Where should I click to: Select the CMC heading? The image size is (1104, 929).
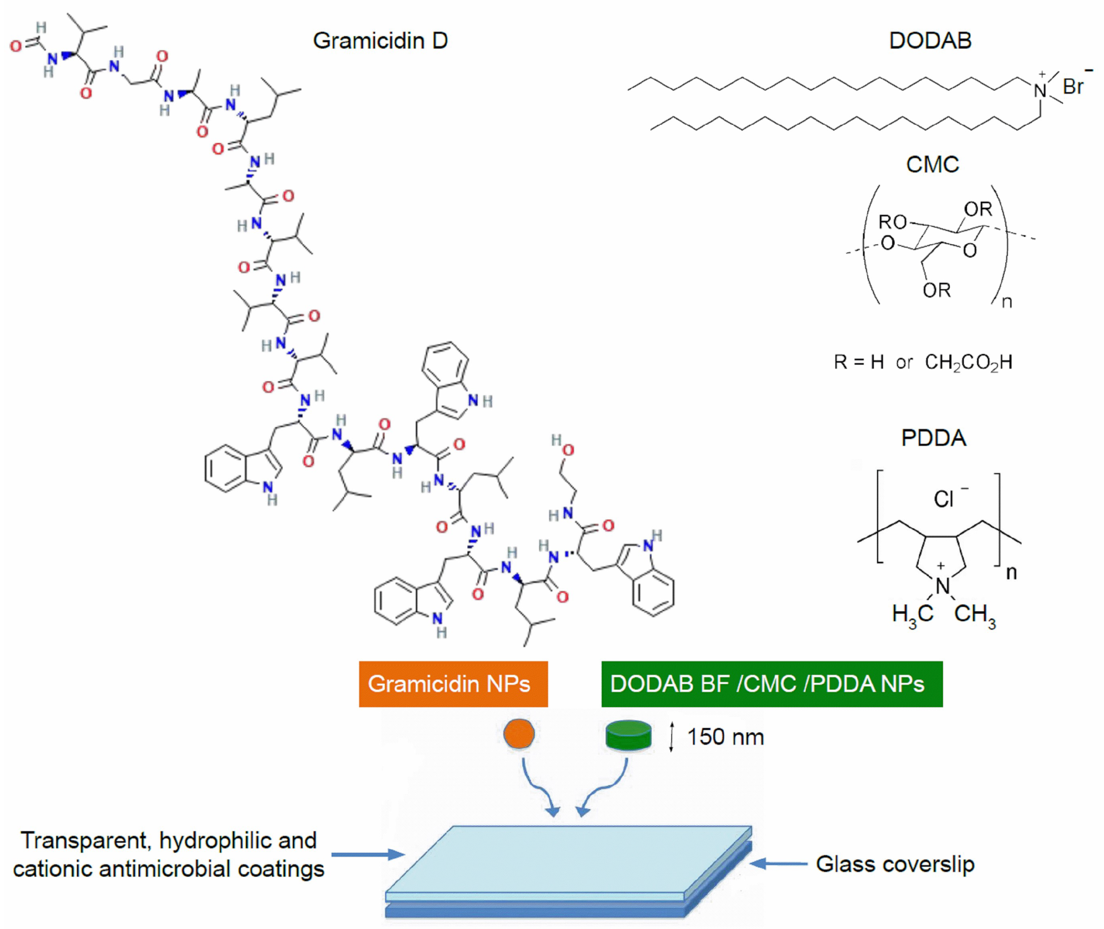(x=932, y=165)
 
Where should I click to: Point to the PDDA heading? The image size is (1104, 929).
(x=933, y=438)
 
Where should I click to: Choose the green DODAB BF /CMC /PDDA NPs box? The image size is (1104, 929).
(x=772, y=684)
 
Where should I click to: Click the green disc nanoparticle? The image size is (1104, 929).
(x=628, y=735)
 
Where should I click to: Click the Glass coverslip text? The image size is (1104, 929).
(x=895, y=864)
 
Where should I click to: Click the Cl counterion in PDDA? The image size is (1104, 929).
(x=944, y=499)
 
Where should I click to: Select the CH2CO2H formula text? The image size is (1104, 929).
(x=968, y=362)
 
